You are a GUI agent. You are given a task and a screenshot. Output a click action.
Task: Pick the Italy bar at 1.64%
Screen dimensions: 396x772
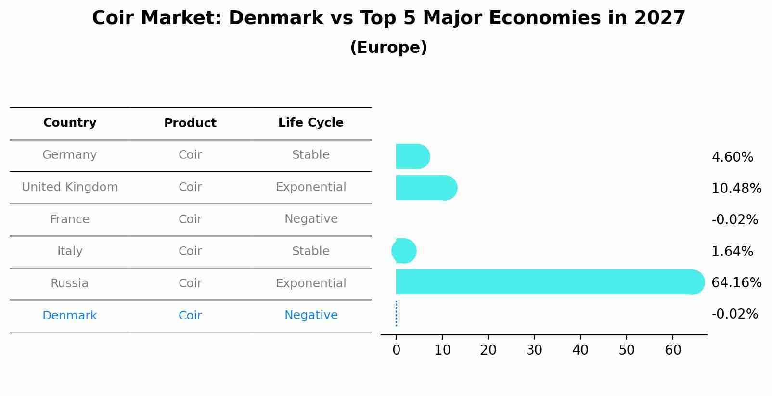coord(404,251)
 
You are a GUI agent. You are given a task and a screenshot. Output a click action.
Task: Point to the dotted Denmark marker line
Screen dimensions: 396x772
coord(396,314)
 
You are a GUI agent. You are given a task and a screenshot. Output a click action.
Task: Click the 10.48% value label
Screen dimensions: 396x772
coord(736,188)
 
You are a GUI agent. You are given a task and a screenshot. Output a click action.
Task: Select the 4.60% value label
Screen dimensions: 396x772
coord(732,157)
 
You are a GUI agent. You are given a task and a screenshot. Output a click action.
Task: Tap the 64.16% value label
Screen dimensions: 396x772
coord(736,282)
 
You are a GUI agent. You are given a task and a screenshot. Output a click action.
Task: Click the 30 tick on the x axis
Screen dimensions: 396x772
coord(534,350)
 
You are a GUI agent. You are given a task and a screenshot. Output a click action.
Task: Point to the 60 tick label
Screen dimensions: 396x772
coord(673,350)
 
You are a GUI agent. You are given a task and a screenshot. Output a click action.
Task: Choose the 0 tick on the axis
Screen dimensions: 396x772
coord(396,350)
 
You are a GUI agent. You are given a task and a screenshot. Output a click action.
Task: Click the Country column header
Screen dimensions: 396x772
coord(70,123)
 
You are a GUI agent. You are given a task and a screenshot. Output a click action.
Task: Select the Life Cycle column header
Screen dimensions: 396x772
coord(311,123)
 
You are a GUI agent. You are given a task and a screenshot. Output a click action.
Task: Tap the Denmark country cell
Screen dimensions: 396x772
coord(70,316)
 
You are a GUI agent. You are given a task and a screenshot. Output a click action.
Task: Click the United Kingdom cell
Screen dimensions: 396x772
coord(70,187)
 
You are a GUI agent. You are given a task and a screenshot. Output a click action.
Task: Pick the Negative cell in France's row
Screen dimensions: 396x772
coord(311,219)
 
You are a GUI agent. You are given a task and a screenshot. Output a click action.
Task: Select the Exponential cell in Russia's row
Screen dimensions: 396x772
coord(311,283)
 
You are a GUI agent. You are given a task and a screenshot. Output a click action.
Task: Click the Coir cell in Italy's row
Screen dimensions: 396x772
coord(190,251)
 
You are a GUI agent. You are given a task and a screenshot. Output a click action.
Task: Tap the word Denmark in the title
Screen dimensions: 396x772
coord(275,18)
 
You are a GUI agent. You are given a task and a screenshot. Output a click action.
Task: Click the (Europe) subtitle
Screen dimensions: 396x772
coord(388,48)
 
